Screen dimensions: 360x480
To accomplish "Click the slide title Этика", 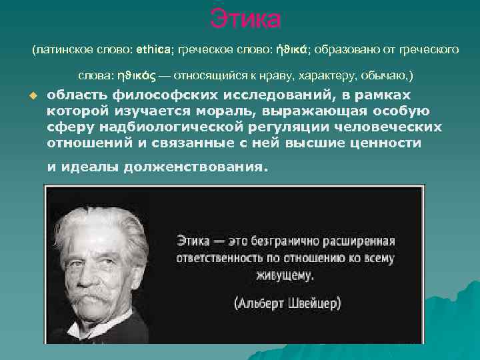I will pyautogui.click(x=245, y=18).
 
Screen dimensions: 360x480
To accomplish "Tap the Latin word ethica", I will pyautogui.click(x=155, y=49).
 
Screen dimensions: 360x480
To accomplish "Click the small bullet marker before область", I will pyautogui.click(x=31, y=96).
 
